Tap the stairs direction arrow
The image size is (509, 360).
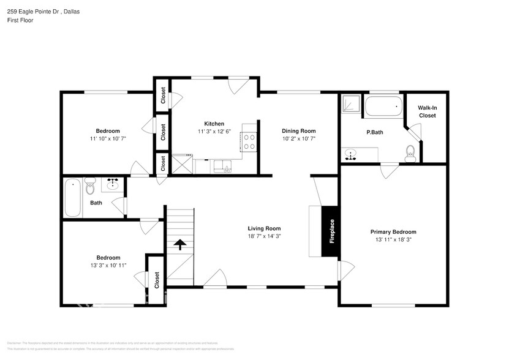tap(180, 246)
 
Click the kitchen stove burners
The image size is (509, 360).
tap(250, 142)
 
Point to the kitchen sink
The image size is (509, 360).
tap(221, 166)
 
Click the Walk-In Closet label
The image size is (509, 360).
tap(427, 111)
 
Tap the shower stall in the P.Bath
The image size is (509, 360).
tap(351, 105)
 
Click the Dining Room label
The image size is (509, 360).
tap(298, 131)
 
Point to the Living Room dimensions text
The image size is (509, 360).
tap(264, 236)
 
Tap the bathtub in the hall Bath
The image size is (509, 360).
tap(74, 197)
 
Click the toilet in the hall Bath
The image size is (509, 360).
tap(90, 185)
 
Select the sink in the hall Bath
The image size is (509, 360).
tap(113, 184)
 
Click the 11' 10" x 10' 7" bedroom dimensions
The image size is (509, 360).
tap(107, 139)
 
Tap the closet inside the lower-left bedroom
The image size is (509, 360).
tap(156, 279)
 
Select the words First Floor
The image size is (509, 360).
tap(21, 21)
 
